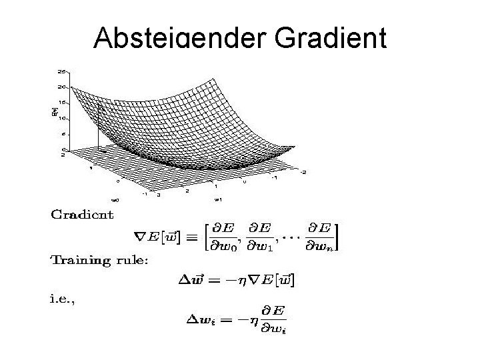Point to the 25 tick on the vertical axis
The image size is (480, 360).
coord(61,71)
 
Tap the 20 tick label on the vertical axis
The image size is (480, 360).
coord(61,87)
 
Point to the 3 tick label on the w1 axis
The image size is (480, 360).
coord(158,195)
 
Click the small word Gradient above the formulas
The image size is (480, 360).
coord(83,214)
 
